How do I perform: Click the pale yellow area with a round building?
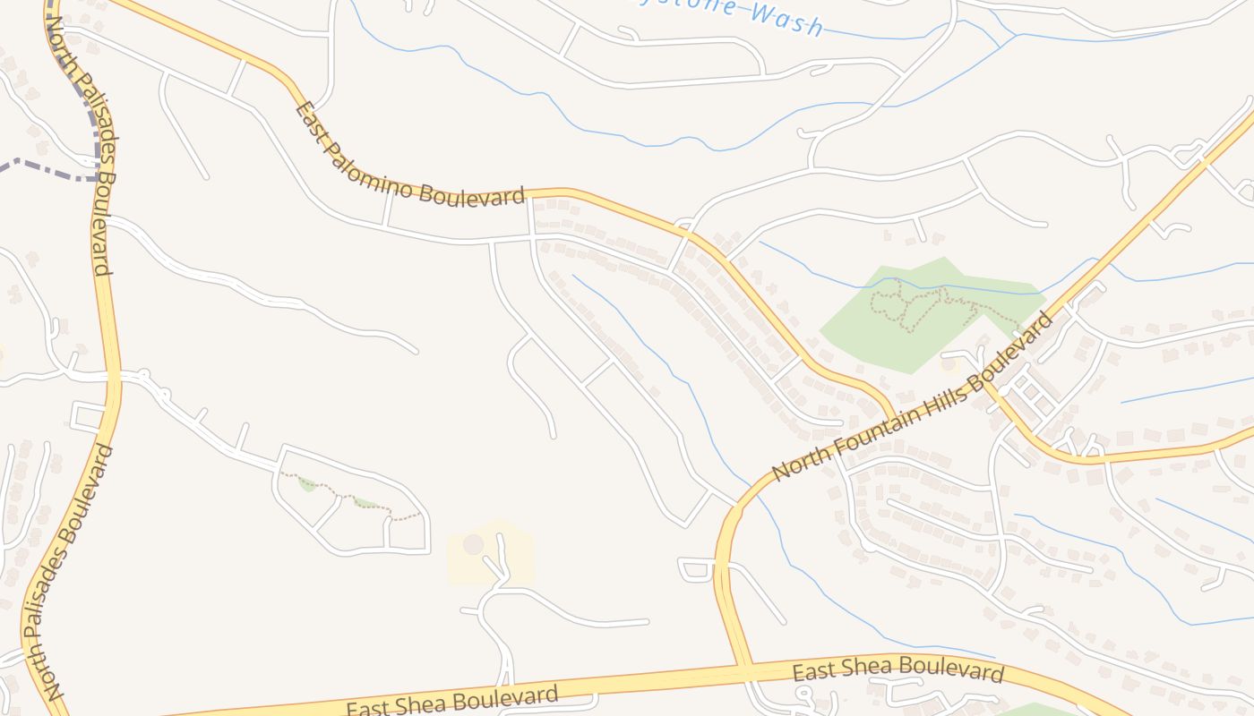(491, 553)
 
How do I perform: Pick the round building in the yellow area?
(473, 544)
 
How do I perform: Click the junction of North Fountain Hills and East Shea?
(742, 667)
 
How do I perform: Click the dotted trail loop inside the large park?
(905, 304)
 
